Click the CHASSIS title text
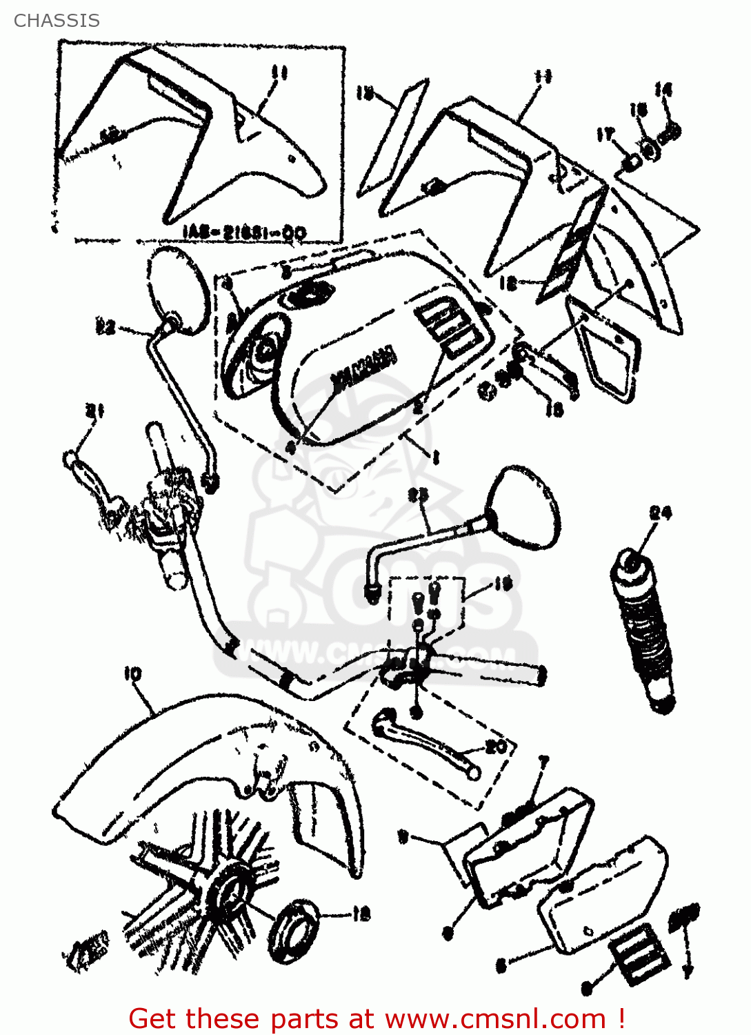point(57,21)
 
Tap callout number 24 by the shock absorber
point(660,513)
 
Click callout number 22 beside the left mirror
point(106,325)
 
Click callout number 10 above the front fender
point(133,674)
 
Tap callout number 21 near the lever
point(94,412)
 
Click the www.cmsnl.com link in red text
point(494,1018)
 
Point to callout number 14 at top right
point(663,90)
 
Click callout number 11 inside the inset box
point(279,73)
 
